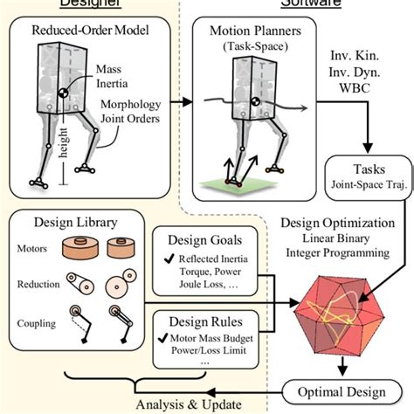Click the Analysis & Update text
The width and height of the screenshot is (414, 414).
click(183, 403)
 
